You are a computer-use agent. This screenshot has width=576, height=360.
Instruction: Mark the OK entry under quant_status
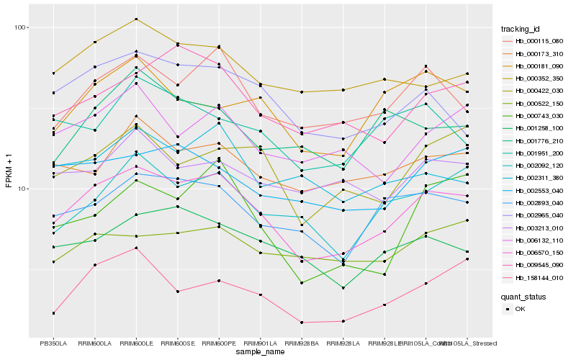(x=520, y=309)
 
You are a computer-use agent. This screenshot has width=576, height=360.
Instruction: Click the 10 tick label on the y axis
(x=21, y=189)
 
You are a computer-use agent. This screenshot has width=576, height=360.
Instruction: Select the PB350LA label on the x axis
(x=53, y=343)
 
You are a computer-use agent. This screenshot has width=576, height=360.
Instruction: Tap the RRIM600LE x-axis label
(x=136, y=343)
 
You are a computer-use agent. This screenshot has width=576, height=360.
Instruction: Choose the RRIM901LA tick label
(x=261, y=343)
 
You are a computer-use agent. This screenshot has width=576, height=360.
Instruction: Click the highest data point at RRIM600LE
(x=136, y=19)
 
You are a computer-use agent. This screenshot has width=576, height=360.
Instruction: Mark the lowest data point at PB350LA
(x=53, y=313)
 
